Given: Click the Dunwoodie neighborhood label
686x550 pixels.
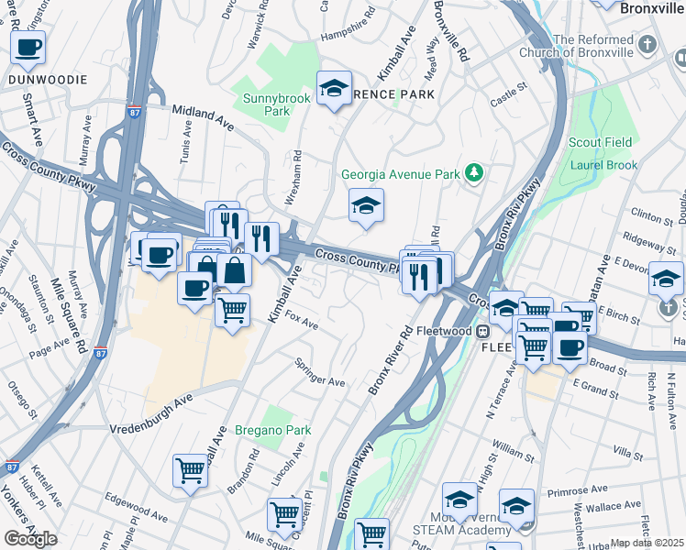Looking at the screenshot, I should tap(48, 80).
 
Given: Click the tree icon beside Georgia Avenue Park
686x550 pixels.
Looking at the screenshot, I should tap(474, 172).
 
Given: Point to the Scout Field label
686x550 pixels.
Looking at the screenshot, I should tap(601, 142).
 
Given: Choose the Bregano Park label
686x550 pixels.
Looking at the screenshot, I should tap(273, 430).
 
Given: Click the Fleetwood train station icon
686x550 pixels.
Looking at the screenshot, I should tap(481, 331).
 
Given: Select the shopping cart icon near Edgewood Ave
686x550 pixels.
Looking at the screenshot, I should tap(190, 471).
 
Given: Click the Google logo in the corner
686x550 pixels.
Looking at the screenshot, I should tap(30, 539).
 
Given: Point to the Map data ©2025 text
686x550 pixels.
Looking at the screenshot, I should tap(647, 543).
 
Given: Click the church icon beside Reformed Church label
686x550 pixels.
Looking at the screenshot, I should tap(648, 44).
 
